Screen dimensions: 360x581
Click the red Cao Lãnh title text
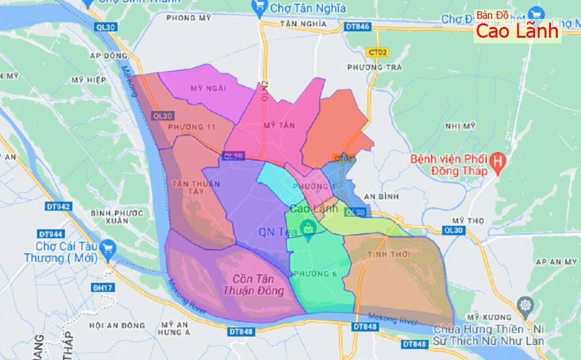click(x=516, y=31)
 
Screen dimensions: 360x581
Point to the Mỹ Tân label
click(x=279, y=126)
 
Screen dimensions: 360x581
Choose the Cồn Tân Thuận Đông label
click(x=254, y=285)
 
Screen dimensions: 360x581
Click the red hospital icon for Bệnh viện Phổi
click(x=498, y=163)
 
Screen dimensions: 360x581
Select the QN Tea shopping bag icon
click(x=308, y=229)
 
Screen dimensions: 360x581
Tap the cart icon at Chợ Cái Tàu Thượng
click(x=107, y=247)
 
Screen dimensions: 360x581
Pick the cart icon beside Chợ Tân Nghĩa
click(x=258, y=7)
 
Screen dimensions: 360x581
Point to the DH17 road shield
click(x=99, y=288)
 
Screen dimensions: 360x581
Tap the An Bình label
click(x=381, y=197)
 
